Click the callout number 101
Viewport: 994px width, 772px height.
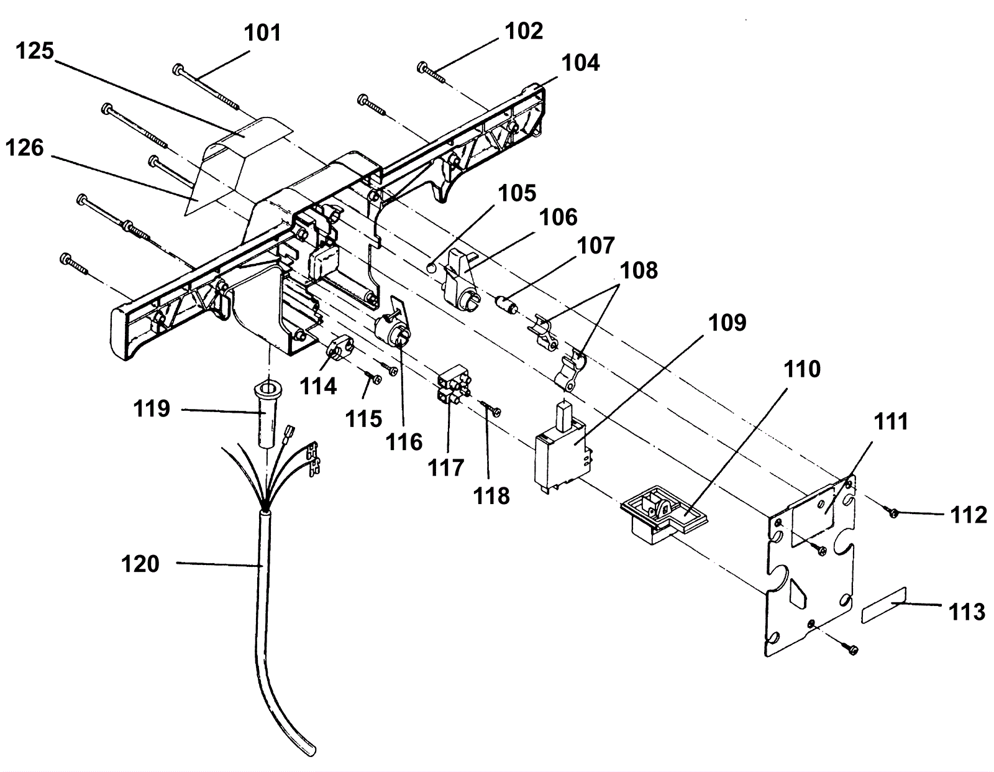click(x=263, y=32)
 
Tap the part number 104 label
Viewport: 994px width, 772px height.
click(x=581, y=63)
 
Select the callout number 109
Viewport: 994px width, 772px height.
click(x=727, y=323)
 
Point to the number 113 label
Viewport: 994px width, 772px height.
click(x=967, y=612)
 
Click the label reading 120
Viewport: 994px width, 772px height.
click(x=140, y=564)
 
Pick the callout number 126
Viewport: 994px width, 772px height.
click(x=25, y=148)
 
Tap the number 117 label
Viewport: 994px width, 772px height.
click(x=445, y=467)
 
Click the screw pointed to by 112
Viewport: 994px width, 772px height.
click(x=893, y=512)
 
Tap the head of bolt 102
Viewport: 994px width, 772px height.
click(x=423, y=66)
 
